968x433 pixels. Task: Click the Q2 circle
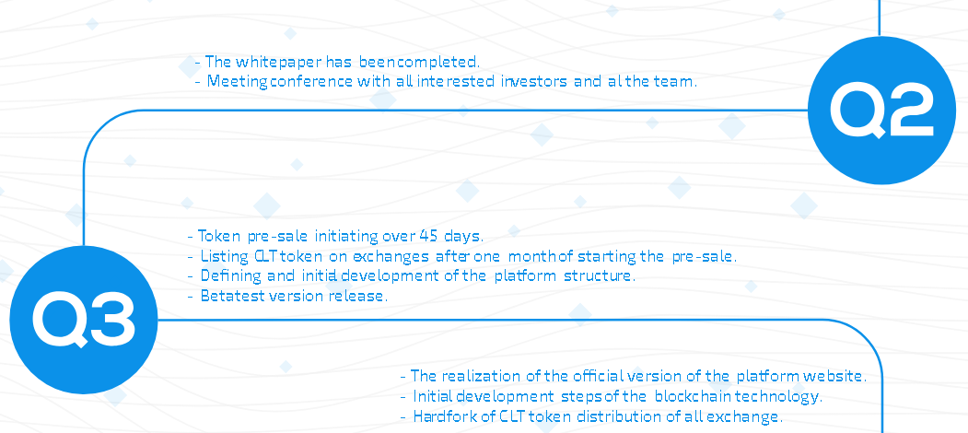pyautogui.click(x=881, y=110)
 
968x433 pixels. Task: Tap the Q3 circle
pyautogui.click(x=83, y=320)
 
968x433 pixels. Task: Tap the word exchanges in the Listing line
pyautogui.click(x=391, y=256)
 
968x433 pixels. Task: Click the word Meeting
pyautogui.click(x=238, y=82)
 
